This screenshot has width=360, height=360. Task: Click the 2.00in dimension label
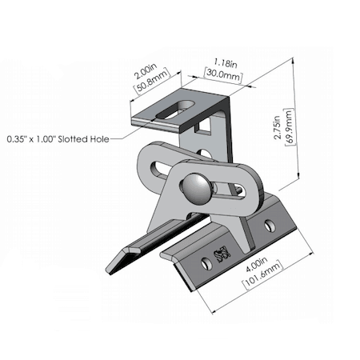(x=146, y=71)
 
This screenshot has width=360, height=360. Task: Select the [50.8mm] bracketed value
(x=153, y=81)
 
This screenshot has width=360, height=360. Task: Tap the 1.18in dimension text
(x=226, y=63)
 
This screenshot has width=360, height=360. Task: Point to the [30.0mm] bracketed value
(x=223, y=74)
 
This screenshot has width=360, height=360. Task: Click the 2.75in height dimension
(x=278, y=127)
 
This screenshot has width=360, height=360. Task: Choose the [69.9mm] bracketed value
(x=289, y=126)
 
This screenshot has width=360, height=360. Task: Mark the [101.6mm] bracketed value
(x=262, y=274)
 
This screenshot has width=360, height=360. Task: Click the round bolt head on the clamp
(x=195, y=189)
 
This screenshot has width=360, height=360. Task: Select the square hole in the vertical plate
(x=203, y=126)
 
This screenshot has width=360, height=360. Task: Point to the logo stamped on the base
(x=222, y=254)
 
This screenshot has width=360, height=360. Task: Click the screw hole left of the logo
(x=206, y=263)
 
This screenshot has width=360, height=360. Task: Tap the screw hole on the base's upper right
(x=269, y=226)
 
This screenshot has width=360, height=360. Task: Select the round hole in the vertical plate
(x=205, y=154)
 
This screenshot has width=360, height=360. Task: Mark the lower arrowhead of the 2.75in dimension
(x=298, y=176)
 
